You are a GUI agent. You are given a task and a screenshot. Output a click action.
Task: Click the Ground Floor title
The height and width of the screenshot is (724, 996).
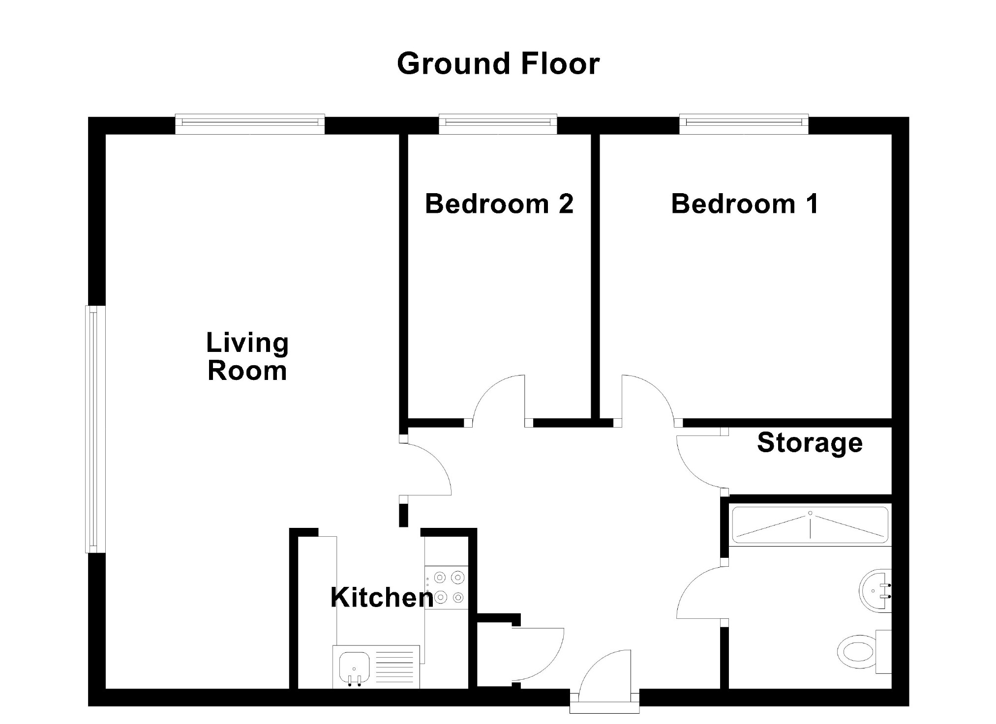coord(498,64)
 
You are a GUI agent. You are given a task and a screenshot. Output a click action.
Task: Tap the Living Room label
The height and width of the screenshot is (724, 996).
coord(247,357)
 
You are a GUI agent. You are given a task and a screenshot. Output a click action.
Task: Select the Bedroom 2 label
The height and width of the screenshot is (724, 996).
coord(499,203)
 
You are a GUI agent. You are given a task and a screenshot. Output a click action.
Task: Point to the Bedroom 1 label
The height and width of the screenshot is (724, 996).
coord(745,203)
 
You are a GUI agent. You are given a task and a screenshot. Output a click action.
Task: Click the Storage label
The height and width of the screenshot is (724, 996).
coord(810,443)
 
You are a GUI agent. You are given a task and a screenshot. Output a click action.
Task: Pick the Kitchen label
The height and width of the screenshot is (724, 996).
coord(382,598)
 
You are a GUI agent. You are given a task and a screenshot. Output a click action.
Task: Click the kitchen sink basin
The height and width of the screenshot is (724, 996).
coord(354,668)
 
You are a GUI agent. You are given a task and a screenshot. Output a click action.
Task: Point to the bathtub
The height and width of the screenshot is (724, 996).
coord(810,525)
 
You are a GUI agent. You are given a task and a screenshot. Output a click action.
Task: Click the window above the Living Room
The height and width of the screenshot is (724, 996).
coord(250,124)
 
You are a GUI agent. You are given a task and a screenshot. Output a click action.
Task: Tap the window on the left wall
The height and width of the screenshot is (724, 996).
coord(95,429)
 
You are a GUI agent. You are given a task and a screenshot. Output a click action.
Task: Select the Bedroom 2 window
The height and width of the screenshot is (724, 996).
coord(498,124)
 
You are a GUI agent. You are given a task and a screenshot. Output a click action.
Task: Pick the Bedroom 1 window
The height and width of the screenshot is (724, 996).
coord(744,124)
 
